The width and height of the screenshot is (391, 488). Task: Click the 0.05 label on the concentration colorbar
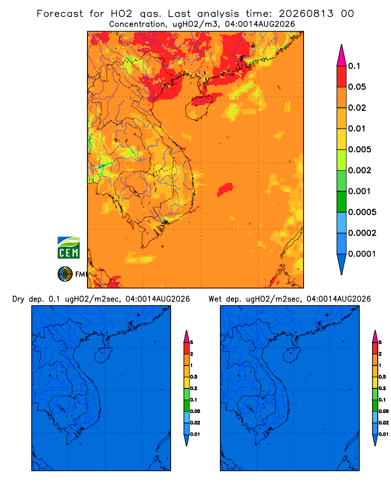357,87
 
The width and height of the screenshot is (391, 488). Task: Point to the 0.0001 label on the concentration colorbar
362,254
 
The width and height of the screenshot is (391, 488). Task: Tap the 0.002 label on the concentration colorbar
360,170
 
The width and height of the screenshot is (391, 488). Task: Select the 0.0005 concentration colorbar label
362,212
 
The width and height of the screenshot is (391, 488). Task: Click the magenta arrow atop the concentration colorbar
342,56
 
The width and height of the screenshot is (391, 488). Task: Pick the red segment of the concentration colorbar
342,77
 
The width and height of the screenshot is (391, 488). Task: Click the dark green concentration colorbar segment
342,202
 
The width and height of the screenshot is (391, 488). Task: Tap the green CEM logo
68,248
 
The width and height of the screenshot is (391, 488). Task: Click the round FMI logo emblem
65,274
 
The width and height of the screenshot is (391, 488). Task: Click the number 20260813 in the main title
306,14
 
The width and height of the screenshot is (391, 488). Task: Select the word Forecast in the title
60,14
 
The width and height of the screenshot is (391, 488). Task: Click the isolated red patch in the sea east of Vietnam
225,189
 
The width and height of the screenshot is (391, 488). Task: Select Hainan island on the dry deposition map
104,355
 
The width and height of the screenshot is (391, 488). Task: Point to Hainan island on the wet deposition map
292,355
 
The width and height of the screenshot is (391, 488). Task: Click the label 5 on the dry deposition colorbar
192,343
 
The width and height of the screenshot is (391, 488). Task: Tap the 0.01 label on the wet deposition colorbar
384,434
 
